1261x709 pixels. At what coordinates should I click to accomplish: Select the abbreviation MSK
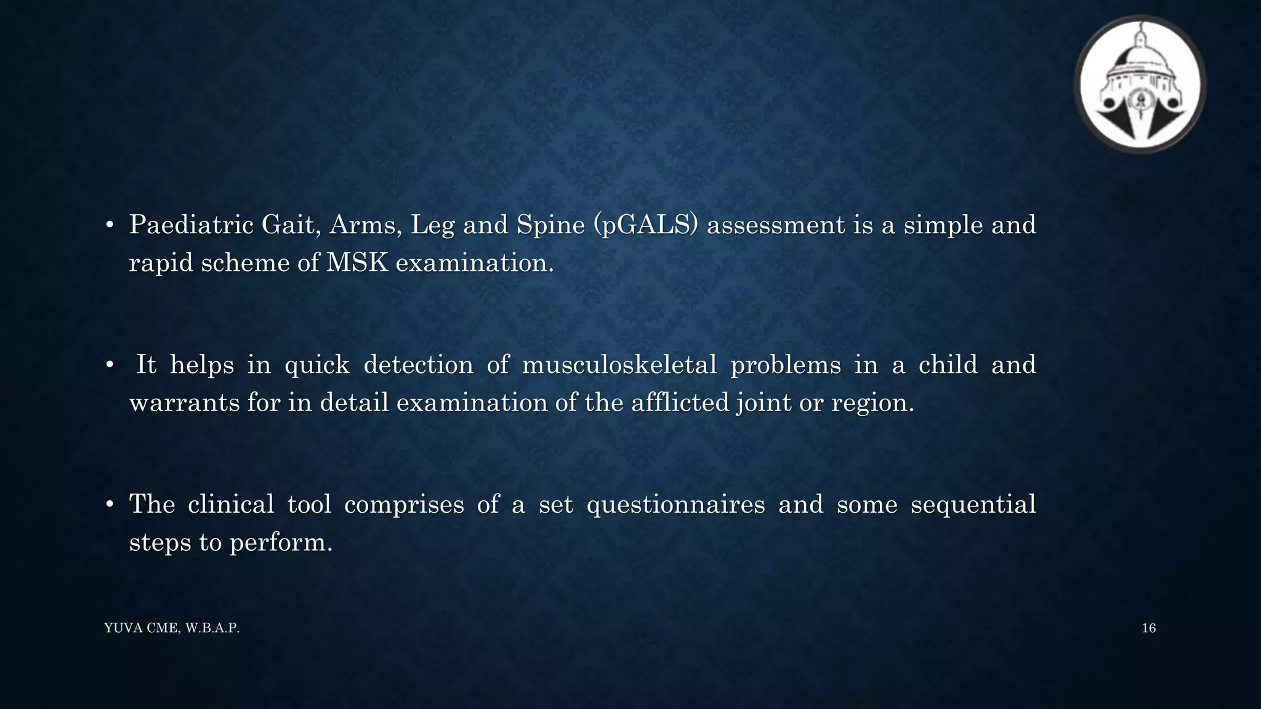point(357,263)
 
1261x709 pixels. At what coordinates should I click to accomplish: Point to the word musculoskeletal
point(619,365)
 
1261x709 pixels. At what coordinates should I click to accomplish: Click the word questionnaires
point(675,505)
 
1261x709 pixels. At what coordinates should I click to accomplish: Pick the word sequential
point(973,505)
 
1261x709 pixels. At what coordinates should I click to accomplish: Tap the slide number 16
point(1148,628)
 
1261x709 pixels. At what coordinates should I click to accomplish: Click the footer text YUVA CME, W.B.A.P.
point(172,628)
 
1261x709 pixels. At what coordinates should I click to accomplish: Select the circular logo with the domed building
point(1140,84)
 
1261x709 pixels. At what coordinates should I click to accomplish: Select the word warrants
point(184,403)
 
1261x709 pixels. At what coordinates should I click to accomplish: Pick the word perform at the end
point(281,543)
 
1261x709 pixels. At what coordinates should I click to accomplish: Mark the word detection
point(419,365)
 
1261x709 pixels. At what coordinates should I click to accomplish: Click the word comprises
point(403,505)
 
